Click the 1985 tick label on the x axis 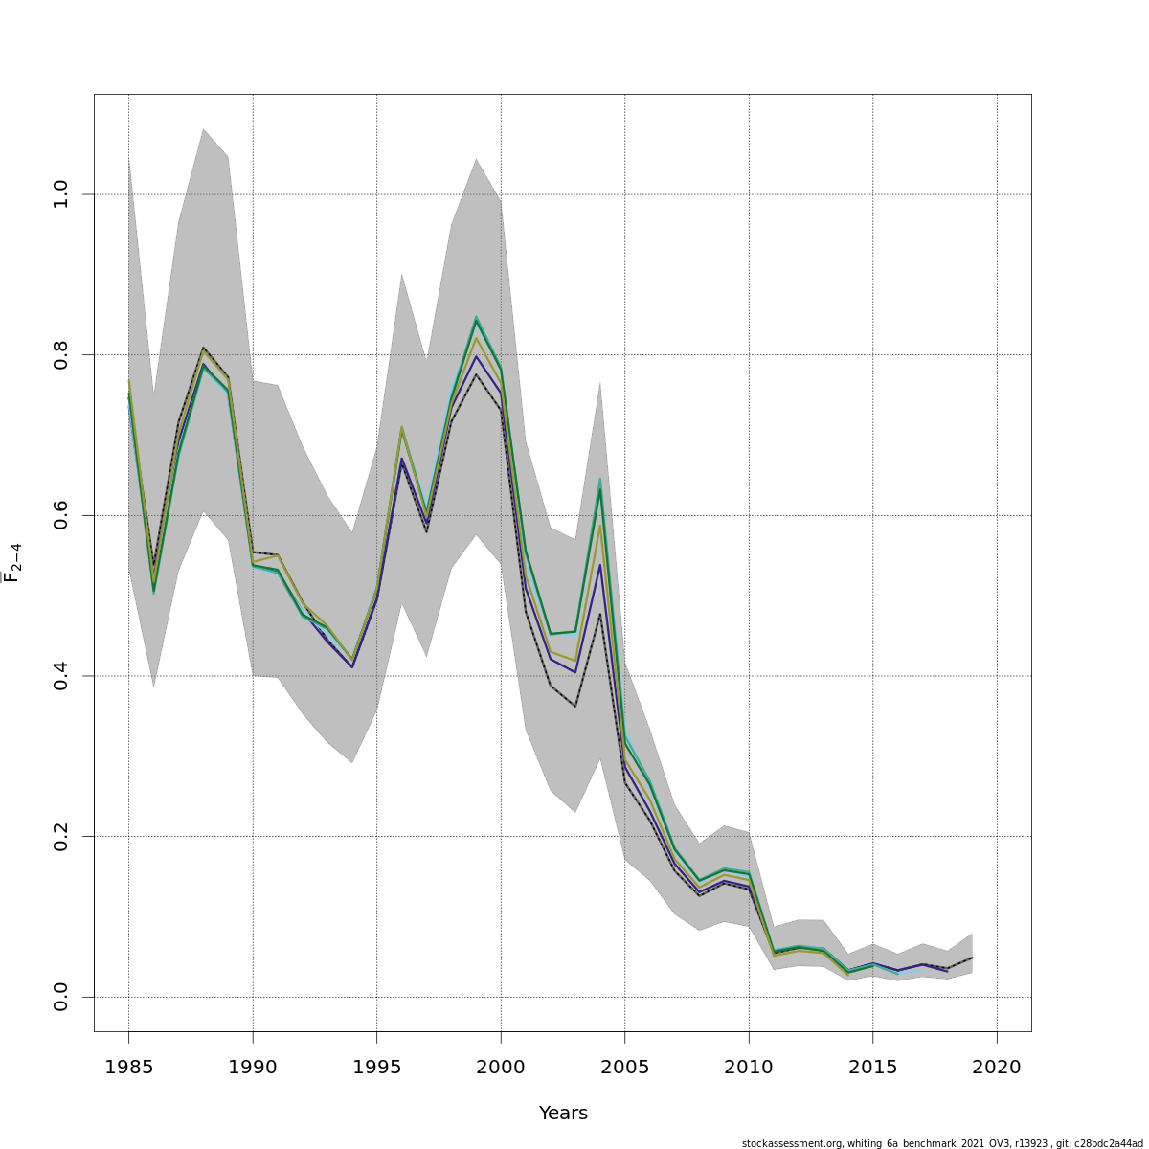click(128, 1067)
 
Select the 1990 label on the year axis click(253, 1067)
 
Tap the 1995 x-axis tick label click(376, 1067)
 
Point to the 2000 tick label click(501, 1067)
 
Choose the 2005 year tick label click(624, 1067)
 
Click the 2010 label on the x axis click(749, 1067)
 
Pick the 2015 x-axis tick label click(872, 1067)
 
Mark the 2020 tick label click(997, 1067)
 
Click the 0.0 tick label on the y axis click(61, 997)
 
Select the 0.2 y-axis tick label click(61, 836)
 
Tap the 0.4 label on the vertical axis click(61, 676)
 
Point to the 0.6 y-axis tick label click(61, 515)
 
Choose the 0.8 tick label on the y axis click(61, 354)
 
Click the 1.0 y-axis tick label click(61, 194)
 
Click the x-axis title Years click(563, 1114)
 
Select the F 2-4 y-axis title click(12, 563)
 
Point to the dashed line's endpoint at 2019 click(972, 957)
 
